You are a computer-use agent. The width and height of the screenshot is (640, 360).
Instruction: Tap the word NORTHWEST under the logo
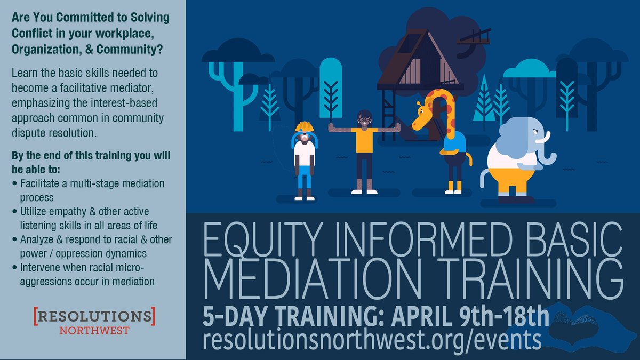pos(94,330)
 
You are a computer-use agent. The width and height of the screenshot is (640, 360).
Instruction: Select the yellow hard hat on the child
pos(305,126)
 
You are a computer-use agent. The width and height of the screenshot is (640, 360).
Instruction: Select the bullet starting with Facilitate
pos(91,190)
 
